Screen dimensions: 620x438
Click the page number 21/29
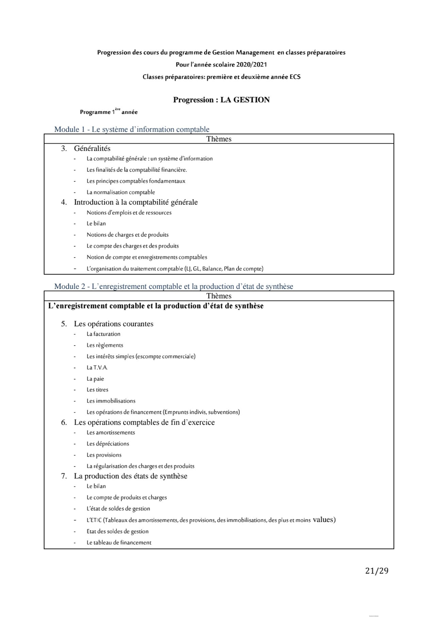pos(377,571)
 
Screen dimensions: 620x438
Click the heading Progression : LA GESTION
pos(221,100)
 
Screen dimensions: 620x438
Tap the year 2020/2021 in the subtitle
pos(251,65)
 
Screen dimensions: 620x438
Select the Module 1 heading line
pos(132,129)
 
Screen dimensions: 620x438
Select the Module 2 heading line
pos(173,286)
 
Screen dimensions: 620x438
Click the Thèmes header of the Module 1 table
pos(219,139)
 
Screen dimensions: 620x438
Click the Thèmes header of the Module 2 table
pos(219,296)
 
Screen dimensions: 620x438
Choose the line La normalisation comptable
pos(120,192)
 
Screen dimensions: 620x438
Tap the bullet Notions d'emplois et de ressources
pos(129,213)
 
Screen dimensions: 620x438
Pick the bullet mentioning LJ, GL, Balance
pos(175,269)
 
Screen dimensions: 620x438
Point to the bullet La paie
pos(95,379)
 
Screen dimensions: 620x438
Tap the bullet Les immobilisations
pos(111,401)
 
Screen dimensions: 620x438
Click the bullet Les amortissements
pos(111,433)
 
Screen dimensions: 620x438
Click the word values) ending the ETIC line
pos(324,520)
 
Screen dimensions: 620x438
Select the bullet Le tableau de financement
pos(119,543)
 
